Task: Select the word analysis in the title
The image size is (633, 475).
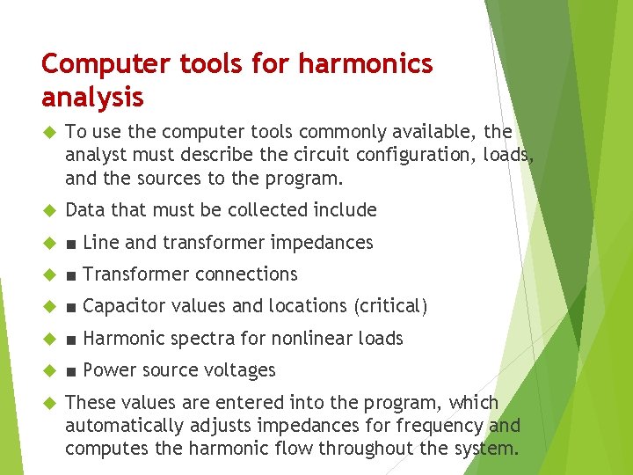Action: (92, 96)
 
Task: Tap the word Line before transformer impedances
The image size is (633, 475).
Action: (101, 242)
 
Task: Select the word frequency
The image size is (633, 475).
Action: (446, 426)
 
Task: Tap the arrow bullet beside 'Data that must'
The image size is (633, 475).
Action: (48, 210)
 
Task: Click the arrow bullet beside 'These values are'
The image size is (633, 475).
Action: (48, 403)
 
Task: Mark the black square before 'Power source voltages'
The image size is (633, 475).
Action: (70, 370)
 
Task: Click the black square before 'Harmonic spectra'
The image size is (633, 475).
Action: (70, 339)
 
